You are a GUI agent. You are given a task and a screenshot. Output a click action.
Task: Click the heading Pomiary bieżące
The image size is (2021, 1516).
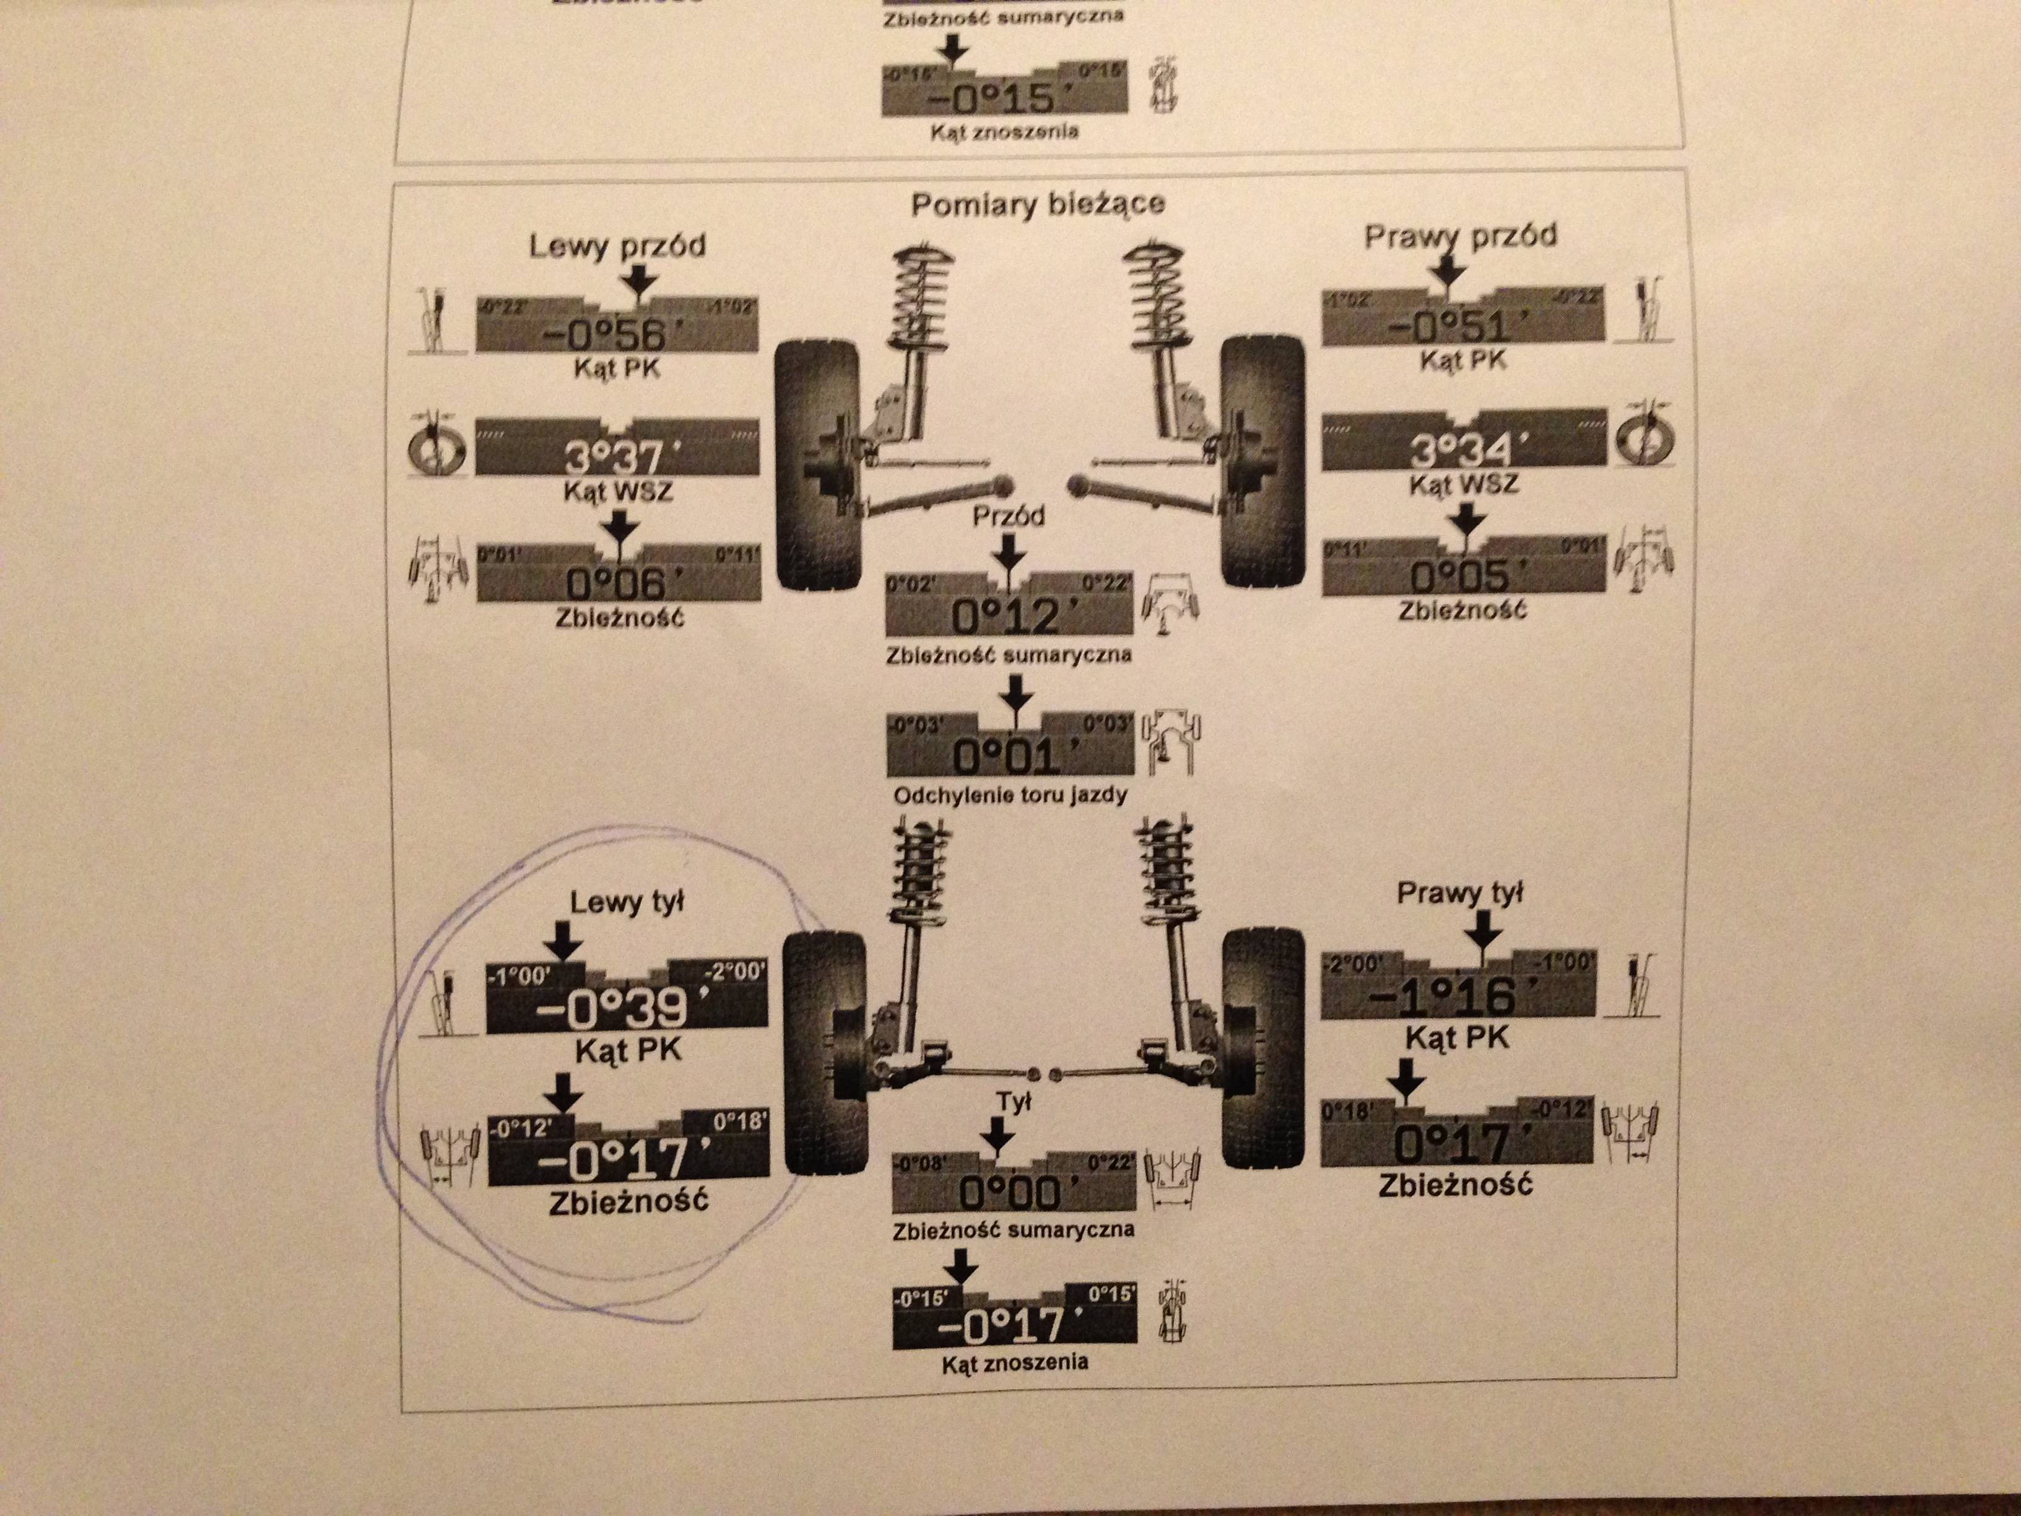pyautogui.click(x=1037, y=203)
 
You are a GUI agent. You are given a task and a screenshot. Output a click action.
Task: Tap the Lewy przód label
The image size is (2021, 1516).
pyautogui.click(x=617, y=246)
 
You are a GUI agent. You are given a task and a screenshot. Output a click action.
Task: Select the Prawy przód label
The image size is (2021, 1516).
pyautogui.click(x=1460, y=237)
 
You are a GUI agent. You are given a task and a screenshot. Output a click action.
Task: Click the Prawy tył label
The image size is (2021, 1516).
pyautogui.click(x=1459, y=893)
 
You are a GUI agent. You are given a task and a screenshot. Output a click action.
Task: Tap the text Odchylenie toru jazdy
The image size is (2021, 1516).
pyautogui.click(x=1010, y=795)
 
